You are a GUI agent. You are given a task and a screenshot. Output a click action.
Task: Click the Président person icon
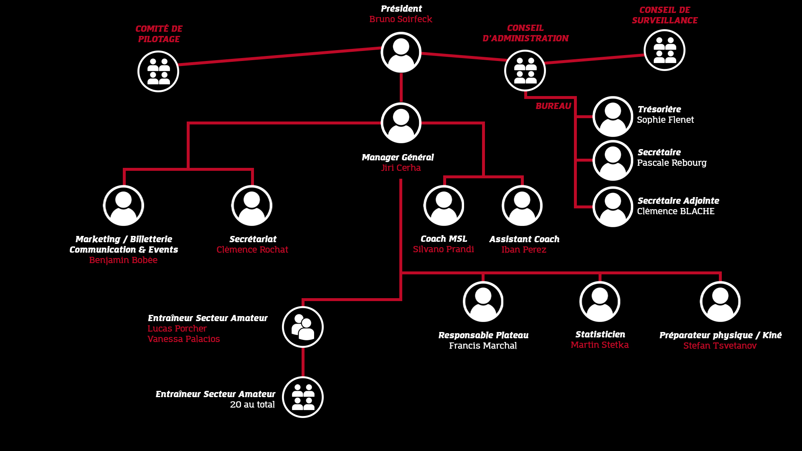[x=401, y=52]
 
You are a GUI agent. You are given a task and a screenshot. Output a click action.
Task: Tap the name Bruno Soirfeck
[x=401, y=19]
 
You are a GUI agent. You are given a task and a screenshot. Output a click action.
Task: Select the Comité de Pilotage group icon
[x=158, y=71]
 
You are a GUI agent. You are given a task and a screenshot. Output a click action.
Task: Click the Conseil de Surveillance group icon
[x=664, y=50]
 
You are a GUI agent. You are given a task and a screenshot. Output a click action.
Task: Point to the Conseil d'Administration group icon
[x=525, y=71]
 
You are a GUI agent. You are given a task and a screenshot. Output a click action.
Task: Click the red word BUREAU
[x=553, y=106]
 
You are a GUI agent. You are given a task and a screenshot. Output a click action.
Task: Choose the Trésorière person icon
[x=613, y=117]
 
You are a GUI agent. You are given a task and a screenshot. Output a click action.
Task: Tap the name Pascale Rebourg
[x=672, y=163]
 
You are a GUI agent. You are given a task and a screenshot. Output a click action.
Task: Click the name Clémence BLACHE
[x=675, y=211]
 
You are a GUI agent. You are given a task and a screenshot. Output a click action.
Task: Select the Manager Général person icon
[x=401, y=123]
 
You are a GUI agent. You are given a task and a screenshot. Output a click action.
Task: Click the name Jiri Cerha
[x=401, y=168]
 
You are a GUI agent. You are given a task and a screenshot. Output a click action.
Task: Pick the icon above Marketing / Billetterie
[x=124, y=205]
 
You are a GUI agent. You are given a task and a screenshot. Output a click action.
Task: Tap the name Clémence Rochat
[x=252, y=250]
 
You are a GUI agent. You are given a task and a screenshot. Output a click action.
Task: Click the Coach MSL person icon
[x=444, y=205]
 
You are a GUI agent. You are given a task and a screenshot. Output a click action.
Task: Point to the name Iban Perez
[x=523, y=250]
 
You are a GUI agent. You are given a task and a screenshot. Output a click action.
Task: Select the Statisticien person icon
[x=600, y=302]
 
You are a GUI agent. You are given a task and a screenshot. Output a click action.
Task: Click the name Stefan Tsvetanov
[x=720, y=346]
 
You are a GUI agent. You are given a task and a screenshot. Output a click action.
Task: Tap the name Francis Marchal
[x=483, y=346]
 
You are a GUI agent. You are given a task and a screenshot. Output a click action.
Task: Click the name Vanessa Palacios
[x=183, y=339]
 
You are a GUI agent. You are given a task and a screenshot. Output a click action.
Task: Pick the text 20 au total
[x=252, y=405]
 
